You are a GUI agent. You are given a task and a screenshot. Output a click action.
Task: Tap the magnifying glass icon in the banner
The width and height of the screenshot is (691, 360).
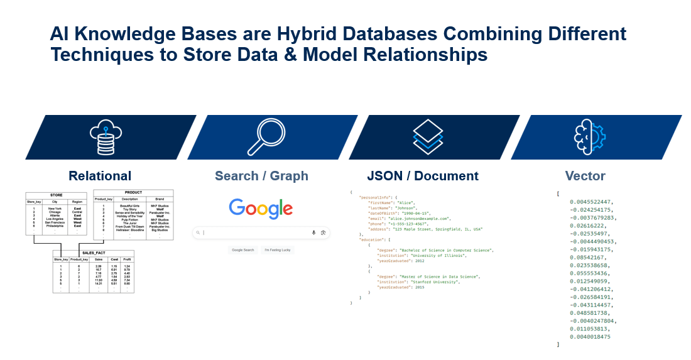(267, 136)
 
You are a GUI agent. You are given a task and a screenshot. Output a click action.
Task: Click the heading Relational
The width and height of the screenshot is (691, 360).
(100, 176)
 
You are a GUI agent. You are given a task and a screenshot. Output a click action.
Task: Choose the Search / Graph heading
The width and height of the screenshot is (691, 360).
(261, 176)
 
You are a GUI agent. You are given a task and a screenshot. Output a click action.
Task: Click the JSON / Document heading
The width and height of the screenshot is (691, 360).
(423, 176)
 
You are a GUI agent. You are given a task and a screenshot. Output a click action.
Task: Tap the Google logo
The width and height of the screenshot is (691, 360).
(261, 209)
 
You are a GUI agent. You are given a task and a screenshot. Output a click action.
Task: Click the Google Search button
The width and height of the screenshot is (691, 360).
(243, 250)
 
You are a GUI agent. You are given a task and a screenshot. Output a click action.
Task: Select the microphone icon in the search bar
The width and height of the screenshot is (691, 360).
(313, 232)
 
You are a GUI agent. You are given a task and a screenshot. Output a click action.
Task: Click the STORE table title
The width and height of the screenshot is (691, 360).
(56, 195)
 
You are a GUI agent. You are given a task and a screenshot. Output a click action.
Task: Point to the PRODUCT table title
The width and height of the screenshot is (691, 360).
(133, 192)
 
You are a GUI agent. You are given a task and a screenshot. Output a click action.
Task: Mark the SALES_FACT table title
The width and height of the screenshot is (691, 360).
(93, 252)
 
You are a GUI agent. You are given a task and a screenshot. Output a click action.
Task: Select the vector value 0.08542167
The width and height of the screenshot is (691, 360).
(594, 257)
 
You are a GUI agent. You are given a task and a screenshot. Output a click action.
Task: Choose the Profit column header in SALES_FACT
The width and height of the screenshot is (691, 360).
(127, 258)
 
